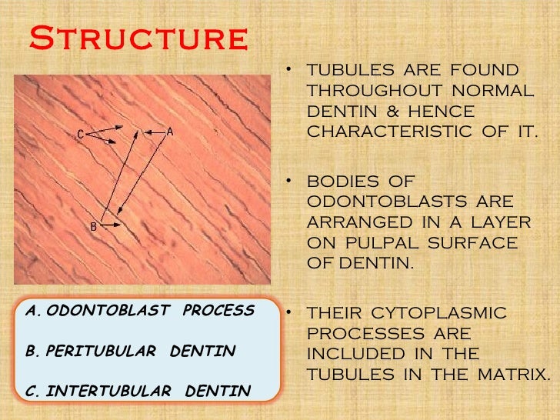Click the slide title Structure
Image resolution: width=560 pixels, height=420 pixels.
pos(138,36)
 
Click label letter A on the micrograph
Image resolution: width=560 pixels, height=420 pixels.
pos(170,132)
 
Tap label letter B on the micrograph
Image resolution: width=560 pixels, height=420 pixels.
pos(93,226)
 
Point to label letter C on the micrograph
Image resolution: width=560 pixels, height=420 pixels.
pos(80,135)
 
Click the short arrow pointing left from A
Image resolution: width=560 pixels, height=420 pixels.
pos(154,132)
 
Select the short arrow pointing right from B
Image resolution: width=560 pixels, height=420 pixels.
pos(110,225)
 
